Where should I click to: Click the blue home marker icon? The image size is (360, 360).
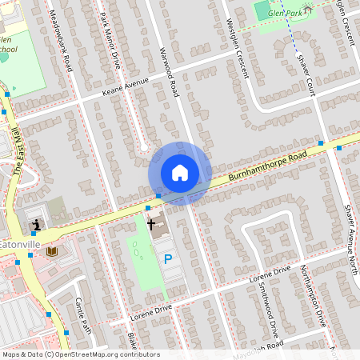(180, 173)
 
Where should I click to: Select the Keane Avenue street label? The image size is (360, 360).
(126, 86)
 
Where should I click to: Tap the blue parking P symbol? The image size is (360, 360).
(168, 258)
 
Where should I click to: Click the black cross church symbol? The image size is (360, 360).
(151, 225)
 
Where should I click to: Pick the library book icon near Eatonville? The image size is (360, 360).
(52, 251)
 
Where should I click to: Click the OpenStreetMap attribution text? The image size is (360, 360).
(80, 354)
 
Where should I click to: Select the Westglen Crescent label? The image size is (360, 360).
(238, 49)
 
